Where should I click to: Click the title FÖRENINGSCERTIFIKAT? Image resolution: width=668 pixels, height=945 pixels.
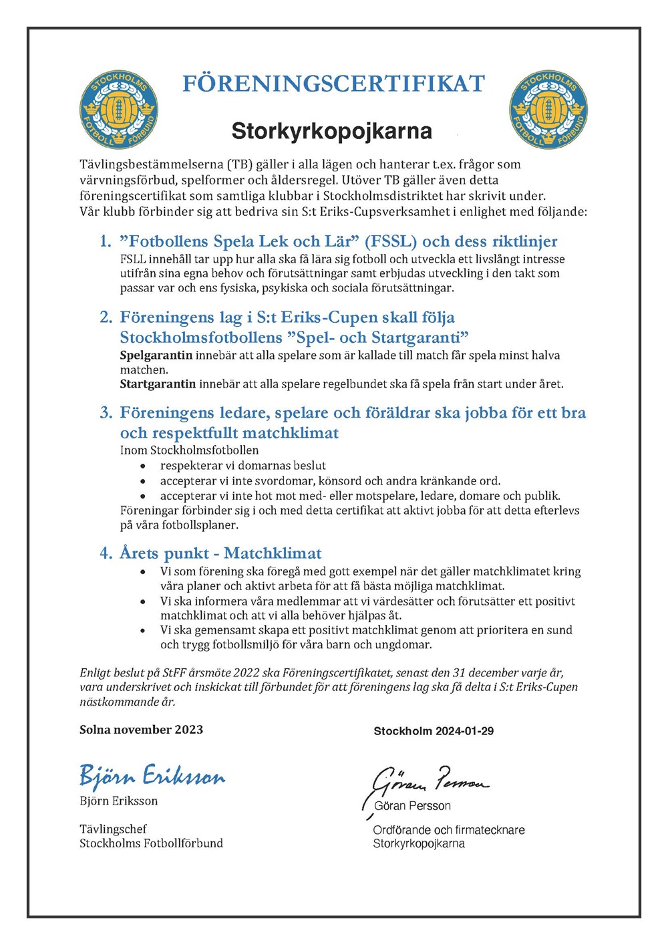[333, 84]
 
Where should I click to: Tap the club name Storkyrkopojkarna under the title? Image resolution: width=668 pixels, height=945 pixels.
[331, 130]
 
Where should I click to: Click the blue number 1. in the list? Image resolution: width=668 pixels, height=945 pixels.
[106, 241]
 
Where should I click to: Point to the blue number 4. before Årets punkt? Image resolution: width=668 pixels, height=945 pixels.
[106, 553]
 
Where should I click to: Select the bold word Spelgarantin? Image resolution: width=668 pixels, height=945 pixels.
[156, 356]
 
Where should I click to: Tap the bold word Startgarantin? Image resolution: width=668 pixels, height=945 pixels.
[158, 384]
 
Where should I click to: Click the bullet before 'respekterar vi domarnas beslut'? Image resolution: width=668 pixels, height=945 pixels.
[143, 466]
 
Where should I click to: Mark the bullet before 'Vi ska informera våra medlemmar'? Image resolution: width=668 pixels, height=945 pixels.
[143, 601]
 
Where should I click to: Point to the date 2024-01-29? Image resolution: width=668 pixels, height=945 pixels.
[465, 731]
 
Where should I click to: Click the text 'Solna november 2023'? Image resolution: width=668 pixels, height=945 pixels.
[141, 730]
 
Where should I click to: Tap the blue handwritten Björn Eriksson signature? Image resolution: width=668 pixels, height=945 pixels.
[152, 775]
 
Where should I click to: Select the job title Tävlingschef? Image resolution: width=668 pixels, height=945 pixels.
[113, 829]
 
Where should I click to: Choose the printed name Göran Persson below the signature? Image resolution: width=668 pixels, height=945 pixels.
[412, 806]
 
